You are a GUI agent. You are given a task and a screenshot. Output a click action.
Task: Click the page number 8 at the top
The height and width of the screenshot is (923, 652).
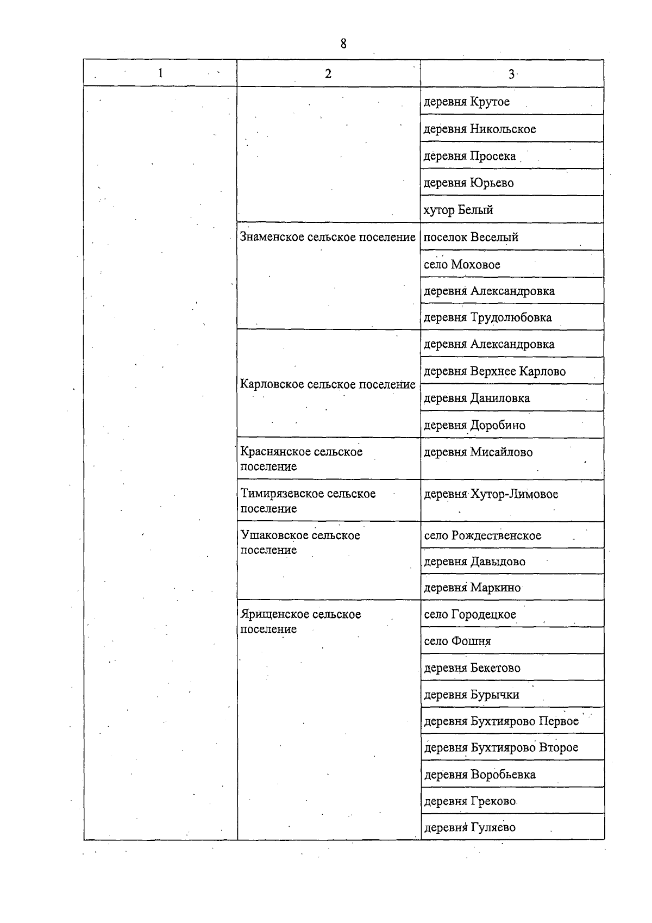pos(343,43)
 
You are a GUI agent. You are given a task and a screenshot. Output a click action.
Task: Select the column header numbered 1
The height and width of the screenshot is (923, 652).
pos(160,73)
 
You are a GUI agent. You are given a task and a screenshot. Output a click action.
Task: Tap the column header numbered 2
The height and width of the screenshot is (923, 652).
pos(328,73)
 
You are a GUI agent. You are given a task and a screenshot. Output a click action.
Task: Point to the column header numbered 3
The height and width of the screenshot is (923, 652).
pos(511,74)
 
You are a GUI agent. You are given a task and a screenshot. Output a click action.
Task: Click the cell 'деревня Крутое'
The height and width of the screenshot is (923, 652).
pos(467,102)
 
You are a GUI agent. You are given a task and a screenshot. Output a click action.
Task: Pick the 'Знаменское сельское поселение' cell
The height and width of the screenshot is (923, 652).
pos(328,237)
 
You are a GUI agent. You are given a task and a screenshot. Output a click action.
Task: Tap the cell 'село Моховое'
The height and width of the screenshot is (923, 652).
pos(462,264)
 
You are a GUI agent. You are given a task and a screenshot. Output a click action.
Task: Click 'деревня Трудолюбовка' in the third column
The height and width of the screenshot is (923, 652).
pos(487,317)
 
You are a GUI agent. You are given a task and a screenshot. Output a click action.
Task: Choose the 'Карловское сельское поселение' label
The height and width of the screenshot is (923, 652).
pos(328,384)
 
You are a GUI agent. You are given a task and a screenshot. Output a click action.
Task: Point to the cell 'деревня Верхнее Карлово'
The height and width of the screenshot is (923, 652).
pos(494,371)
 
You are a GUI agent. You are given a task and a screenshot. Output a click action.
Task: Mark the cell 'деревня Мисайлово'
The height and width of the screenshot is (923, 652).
pos(478,452)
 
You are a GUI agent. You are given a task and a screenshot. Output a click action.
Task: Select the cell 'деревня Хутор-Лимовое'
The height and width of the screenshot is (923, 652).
pos(491,494)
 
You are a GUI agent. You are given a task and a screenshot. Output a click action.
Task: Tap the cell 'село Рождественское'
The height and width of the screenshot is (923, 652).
pos(482,535)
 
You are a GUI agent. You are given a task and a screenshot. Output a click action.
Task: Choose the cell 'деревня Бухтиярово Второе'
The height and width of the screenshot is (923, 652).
pos(501,747)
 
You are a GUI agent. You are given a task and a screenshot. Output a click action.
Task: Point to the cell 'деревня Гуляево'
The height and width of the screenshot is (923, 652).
pos(469,827)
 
